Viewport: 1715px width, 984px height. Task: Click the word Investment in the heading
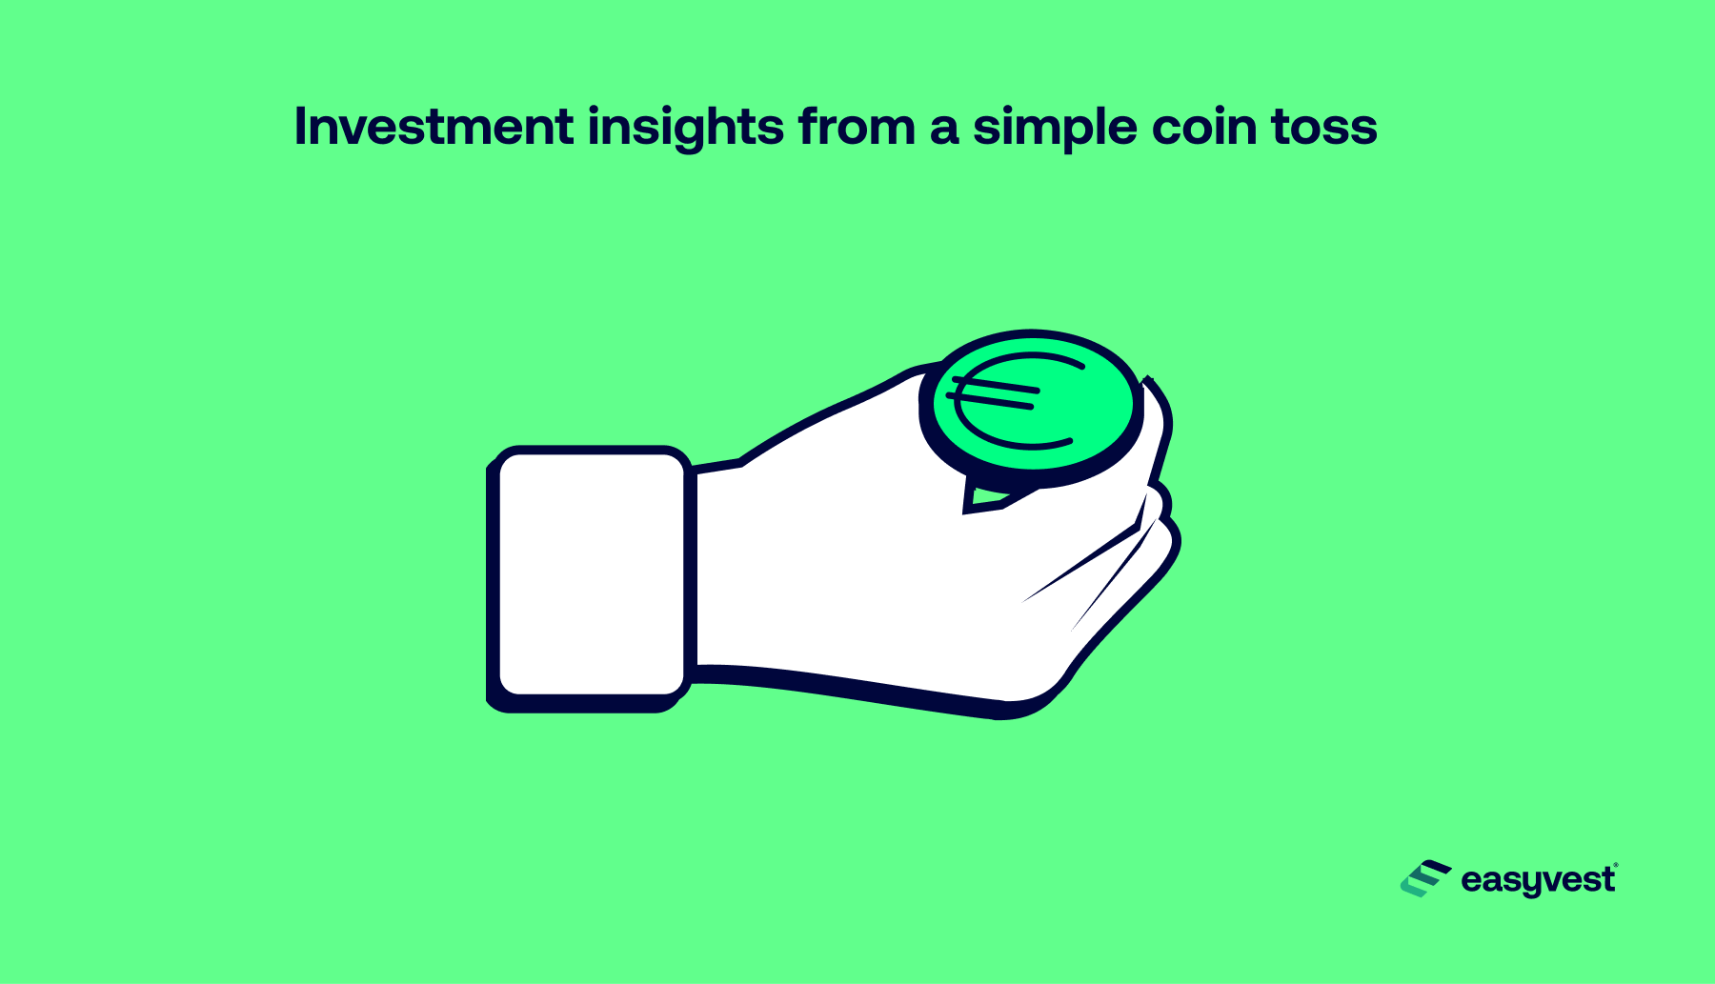[434, 126]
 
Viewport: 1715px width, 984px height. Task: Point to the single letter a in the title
[944, 131]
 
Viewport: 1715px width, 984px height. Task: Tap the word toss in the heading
[1324, 128]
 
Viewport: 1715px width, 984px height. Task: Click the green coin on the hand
[1032, 408]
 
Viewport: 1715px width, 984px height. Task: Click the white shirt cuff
[591, 574]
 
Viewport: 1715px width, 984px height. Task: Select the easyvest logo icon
[1424, 878]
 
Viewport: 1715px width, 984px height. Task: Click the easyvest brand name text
[1538, 880]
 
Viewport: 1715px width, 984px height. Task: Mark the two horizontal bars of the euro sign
[993, 392]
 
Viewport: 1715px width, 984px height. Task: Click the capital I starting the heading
[301, 127]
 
